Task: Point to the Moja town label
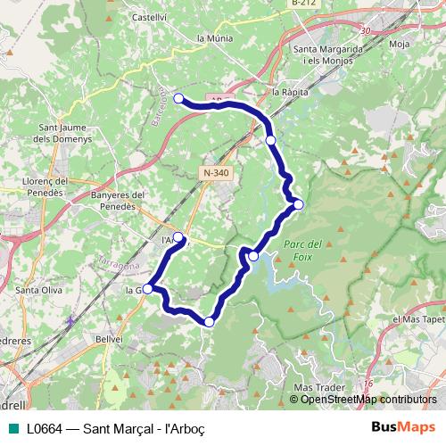pos(399,41)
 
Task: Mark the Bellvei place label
pos(110,340)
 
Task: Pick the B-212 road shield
pos(305,4)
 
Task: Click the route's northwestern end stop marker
pos(178,98)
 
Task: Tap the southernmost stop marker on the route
pos(210,322)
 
